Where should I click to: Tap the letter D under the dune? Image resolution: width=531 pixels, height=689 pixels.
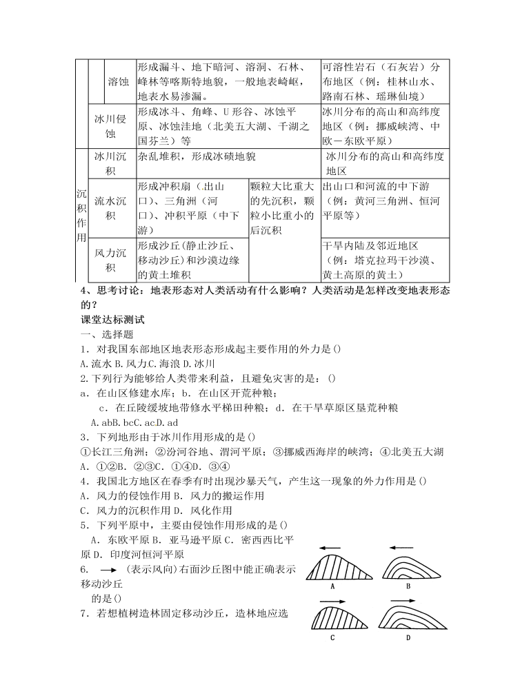[408, 638]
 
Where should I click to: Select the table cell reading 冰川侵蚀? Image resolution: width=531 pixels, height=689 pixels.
[110, 125]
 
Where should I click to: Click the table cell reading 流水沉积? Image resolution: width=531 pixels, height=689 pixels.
[110, 209]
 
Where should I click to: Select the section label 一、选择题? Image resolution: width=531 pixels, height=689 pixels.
[108, 334]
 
